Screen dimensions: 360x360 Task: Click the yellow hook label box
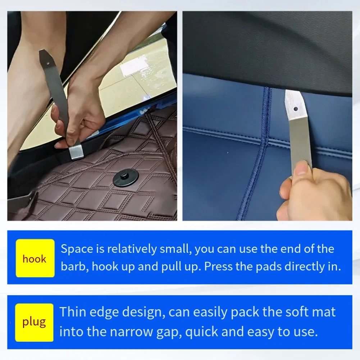pyautogui.click(x=35, y=258)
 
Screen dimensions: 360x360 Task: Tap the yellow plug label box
pyautogui.click(x=34, y=322)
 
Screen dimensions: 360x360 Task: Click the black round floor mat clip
pyautogui.click(x=126, y=178)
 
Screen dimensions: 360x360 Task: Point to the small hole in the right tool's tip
pyautogui.click(x=296, y=109)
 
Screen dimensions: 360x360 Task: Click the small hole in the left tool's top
pyautogui.click(x=48, y=63)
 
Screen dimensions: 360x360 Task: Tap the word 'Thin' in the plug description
pyautogui.click(x=73, y=312)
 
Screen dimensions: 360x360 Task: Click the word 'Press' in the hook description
pyautogui.click(x=218, y=266)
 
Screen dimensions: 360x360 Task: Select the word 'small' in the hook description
pyautogui.click(x=176, y=249)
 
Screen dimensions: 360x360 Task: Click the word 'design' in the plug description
pyautogui.click(x=143, y=313)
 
